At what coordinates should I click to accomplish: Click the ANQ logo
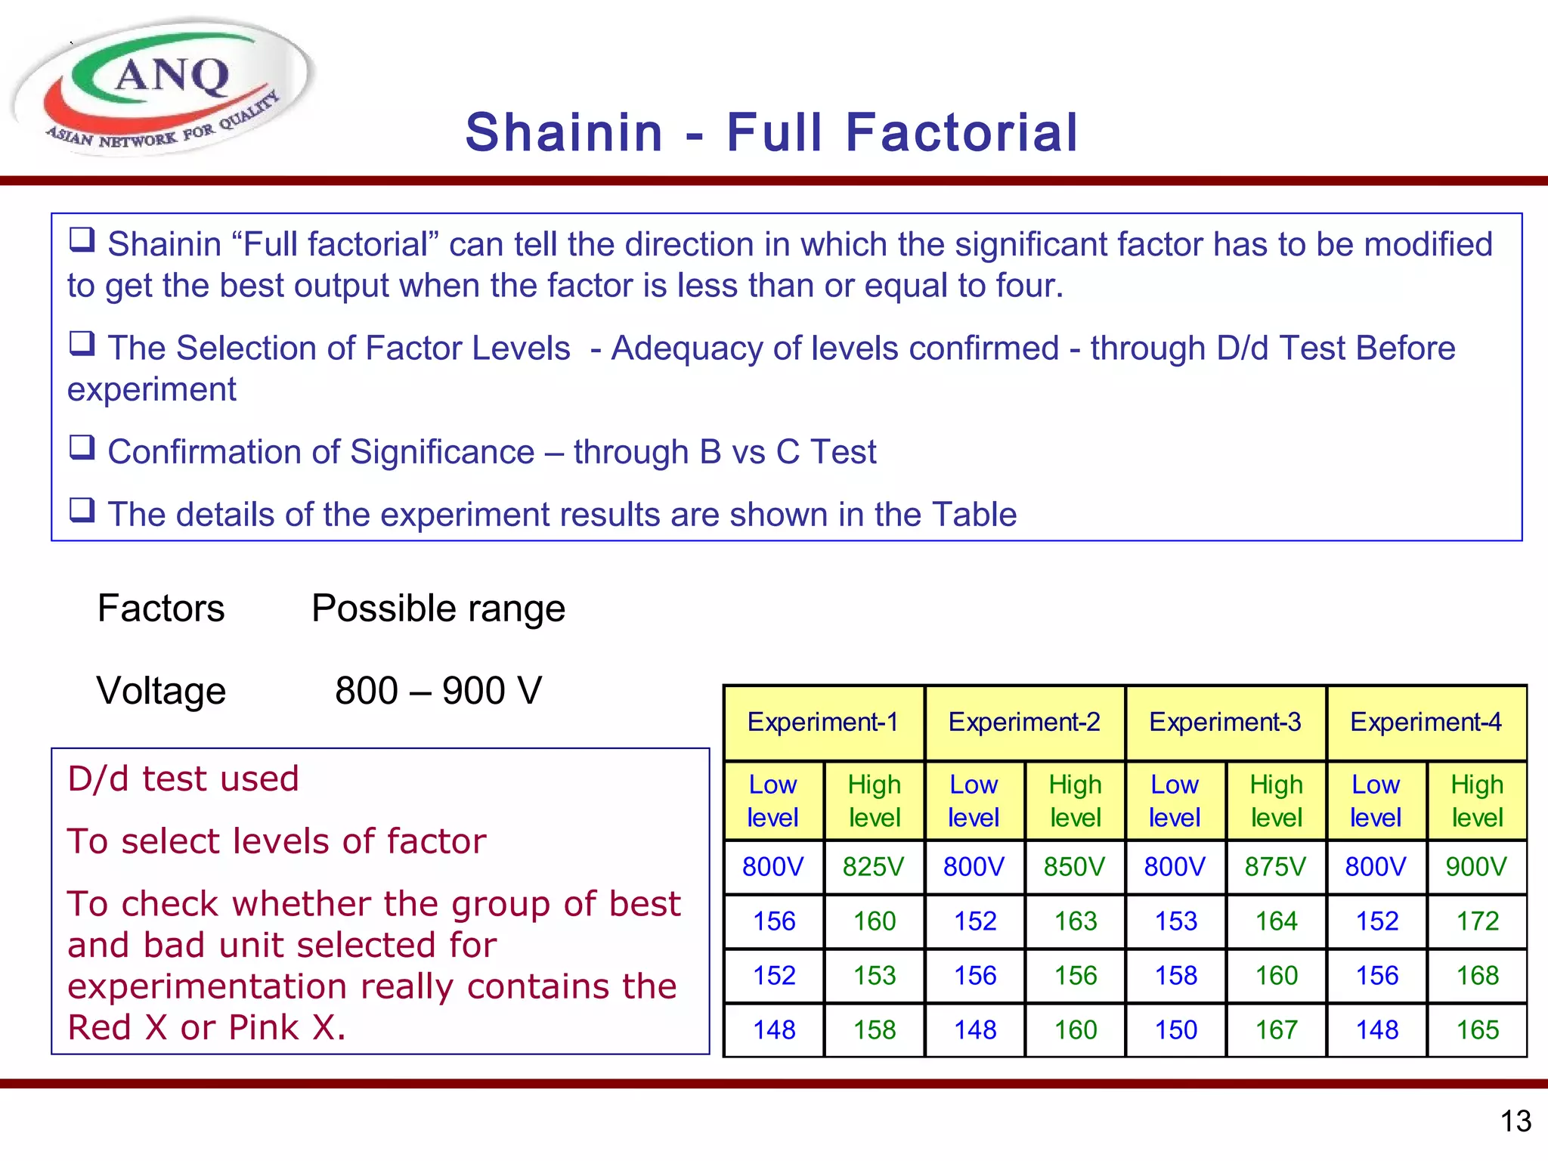click(x=163, y=87)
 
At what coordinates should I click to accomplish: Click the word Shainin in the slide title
click(x=564, y=132)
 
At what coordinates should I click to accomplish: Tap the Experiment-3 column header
click(x=1224, y=722)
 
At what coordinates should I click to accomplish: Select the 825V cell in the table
click(x=873, y=866)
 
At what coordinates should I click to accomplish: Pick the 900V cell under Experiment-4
click(x=1476, y=866)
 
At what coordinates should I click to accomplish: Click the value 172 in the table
click(x=1477, y=921)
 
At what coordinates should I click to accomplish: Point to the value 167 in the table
click(x=1276, y=1029)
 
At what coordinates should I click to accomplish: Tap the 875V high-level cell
click(x=1275, y=866)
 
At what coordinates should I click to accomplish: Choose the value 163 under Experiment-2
click(x=1075, y=921)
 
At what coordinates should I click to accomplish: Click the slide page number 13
click(x=1515, y=1121)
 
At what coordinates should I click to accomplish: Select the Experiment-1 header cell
click(x=823, y=722)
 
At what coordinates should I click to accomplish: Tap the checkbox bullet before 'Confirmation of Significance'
click(x=82, y=447)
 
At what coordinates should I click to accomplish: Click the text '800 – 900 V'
click(x=438, y=690)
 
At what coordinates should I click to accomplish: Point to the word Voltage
click(x=161, y=691)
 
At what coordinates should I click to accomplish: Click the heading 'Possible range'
click(x=438, y=608)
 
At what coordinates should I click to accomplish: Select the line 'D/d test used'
click(x=183, y=779)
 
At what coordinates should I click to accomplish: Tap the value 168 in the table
click(x=1477, y=975)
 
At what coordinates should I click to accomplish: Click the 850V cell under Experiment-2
click(x=1074, y=866)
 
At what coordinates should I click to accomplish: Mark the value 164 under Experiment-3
click(x=1276, y=921)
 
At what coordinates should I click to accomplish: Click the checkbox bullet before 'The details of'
click(x=82, y=510)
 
